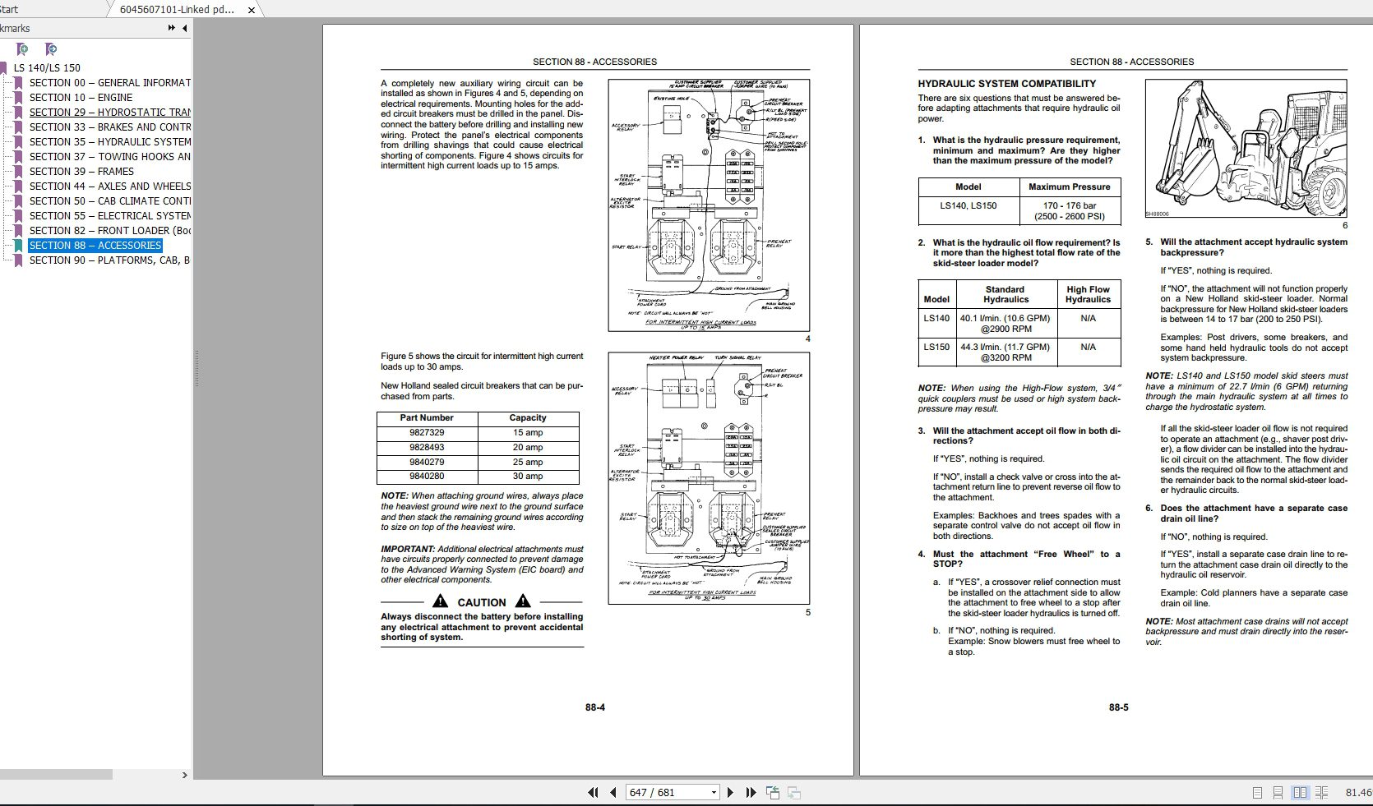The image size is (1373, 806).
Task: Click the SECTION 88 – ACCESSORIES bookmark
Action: tap(95, 246)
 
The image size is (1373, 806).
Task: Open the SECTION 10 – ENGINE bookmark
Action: tap(81, 98)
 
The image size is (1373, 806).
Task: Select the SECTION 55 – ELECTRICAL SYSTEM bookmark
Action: tap(109, 216)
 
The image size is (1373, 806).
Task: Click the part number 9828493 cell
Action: tap(427, 448)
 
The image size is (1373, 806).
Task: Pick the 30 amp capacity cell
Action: tap(527, 477)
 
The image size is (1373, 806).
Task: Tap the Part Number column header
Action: tap(427, 418)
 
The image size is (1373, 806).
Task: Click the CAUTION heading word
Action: tap(481, 602)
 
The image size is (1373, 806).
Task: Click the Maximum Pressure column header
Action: tap(1069, 187)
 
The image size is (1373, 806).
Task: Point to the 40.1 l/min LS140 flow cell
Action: tap(1005, 324)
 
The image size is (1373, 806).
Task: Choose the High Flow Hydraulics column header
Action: tap(1088, 294)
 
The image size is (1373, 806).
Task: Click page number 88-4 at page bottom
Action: tap(595, 707)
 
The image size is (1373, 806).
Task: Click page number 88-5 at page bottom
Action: tap(1118, 707)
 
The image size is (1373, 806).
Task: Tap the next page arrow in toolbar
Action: tap(730, 793)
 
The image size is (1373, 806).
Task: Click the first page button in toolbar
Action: tap(593, 793)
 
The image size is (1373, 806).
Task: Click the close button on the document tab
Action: tap(252, 10)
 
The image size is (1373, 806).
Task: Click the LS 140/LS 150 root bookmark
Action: tap(47, 68)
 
